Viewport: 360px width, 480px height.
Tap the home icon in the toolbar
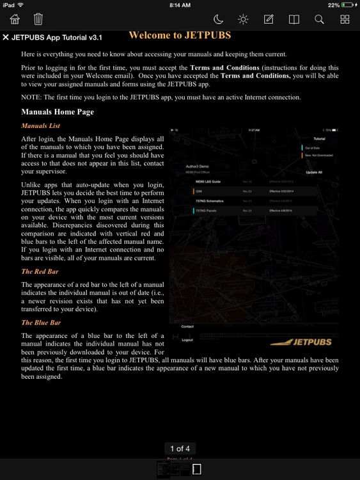pos(15,20)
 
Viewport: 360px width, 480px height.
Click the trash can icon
pos(38,20)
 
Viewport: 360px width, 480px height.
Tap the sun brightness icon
pos(244,20)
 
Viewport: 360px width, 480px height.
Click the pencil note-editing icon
pos(269,20)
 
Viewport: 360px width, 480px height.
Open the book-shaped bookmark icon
pos(294,20)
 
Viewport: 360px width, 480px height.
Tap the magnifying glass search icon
pos(319,20)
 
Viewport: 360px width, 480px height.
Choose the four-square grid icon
pos(345,20)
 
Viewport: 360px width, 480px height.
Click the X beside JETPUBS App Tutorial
pos(6,37)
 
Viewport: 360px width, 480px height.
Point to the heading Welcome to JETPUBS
pos(180,36)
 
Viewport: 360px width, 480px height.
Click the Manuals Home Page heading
pos(58,112)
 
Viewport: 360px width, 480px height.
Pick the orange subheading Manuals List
pos(40,126)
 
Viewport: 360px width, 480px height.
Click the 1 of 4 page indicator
pos(180,449)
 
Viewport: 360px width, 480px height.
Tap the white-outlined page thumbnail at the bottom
pos(197,469)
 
